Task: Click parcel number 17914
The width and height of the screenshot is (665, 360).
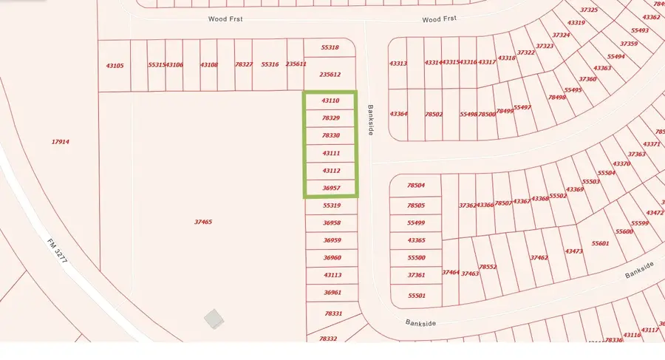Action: [61, 142]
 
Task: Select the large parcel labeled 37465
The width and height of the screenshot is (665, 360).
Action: [203, 222]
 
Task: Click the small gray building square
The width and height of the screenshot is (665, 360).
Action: [214, 319]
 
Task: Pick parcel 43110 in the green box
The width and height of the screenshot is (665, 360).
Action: [330, 100]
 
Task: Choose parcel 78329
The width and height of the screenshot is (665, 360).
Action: [331, 118]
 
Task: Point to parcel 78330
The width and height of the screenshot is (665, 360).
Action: [331, 135]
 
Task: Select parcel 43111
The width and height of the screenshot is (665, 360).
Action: [331, 153]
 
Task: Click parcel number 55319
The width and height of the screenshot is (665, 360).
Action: [332, 206]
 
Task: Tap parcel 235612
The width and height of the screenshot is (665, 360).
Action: [330, 74]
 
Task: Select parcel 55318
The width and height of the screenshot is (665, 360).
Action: [330, 47]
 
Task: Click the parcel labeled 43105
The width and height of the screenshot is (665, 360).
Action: [115, 66]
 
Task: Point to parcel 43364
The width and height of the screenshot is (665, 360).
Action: [398, 114]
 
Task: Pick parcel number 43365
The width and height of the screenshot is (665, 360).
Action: [416, 240]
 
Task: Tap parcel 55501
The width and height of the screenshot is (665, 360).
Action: [417, 296]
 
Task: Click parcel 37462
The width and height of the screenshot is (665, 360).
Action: [539, 258]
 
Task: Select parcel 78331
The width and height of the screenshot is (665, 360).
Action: [333, 314]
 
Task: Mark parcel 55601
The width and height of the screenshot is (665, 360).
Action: [600, 243]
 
